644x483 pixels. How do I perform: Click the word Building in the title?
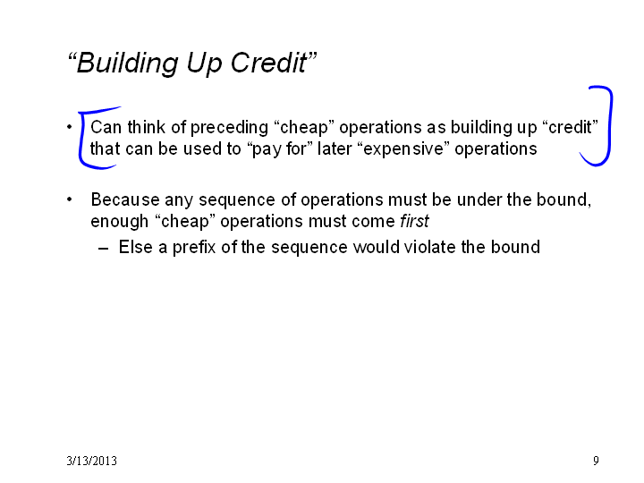click(x=127, y=64)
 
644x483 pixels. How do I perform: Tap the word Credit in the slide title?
click(x=268, y=63)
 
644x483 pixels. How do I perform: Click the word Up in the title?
click(x=205, y=64)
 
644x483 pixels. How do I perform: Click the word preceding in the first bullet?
click(x=229, y=128)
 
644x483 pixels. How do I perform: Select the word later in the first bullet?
click(x=335, y=148)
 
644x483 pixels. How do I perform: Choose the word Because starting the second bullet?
click(x=125, y=200)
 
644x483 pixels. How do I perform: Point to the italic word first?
click(x=414, y=221)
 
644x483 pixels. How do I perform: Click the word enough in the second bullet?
click(x=119, y=222)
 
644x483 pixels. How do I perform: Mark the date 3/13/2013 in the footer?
click(x=91, y=461)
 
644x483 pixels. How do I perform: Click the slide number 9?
click(x=596, y=461)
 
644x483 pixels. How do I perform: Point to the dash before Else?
click(x=104, y=249)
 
